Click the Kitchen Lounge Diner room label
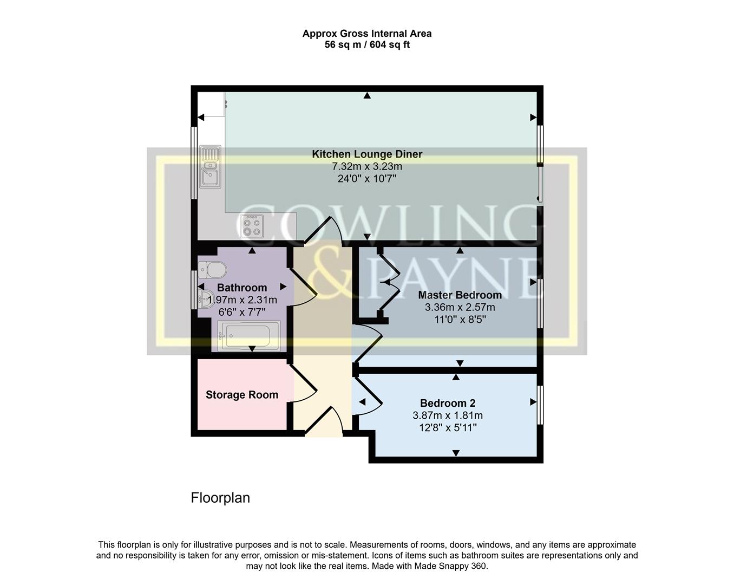click(367, 154)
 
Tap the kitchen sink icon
click(209, 166)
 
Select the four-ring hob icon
click(252, 226)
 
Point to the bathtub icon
click(249, 336)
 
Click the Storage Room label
click(242, 395)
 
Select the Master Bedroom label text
click(460, 295)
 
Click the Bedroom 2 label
click(448, 403)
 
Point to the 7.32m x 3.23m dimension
click(367, 166)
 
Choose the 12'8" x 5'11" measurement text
click(448, 428)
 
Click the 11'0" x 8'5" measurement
click(460, 320)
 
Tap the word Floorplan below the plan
click(220, 498)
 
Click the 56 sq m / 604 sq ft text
click(367, 45)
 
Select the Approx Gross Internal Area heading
click(367, 34)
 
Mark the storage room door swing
click(305, 383)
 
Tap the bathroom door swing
click(304, 287)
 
